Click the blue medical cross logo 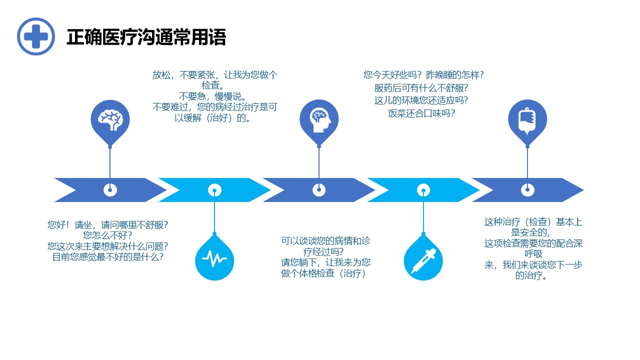click(x=36, y=36)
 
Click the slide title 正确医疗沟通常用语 click(x=146, y=37)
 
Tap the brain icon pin click(x=110, y=122)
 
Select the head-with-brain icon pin click(x=319, y=122)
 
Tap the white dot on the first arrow click(x=110, y=190)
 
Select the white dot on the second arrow click(x=214, y=190)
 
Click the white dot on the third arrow click(x=319, y=190)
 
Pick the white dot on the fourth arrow click(x=423, y=190)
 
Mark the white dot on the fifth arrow click(x=527, y=190)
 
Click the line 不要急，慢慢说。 click(x=212, y=96)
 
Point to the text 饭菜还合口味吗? click(x=421, y=113)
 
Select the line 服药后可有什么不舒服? click(x=421, y=88)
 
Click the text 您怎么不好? click(x=107, y=235)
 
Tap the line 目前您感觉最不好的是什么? click(x=107, y=257)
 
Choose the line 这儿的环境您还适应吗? click(x=421, y=100)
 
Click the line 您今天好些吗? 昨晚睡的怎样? click(x=423, y=75)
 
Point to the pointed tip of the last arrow click(x=583, y=190)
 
